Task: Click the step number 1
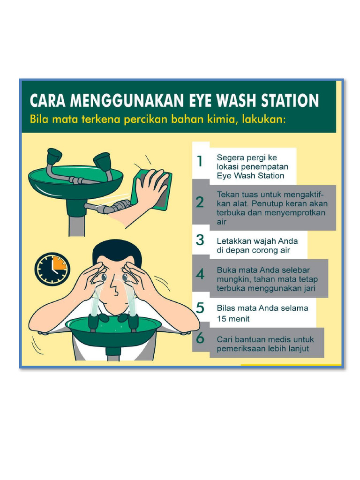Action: tap(200, 161)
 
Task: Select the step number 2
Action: tap(200, 202)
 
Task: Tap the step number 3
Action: tap(200, 240)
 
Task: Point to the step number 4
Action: tap(200, 274)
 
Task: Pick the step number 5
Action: tap(200, 308)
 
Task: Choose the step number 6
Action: tap(200, 338)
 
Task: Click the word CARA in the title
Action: tap(49, 100)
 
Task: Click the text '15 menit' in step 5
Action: tap(233, 319)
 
